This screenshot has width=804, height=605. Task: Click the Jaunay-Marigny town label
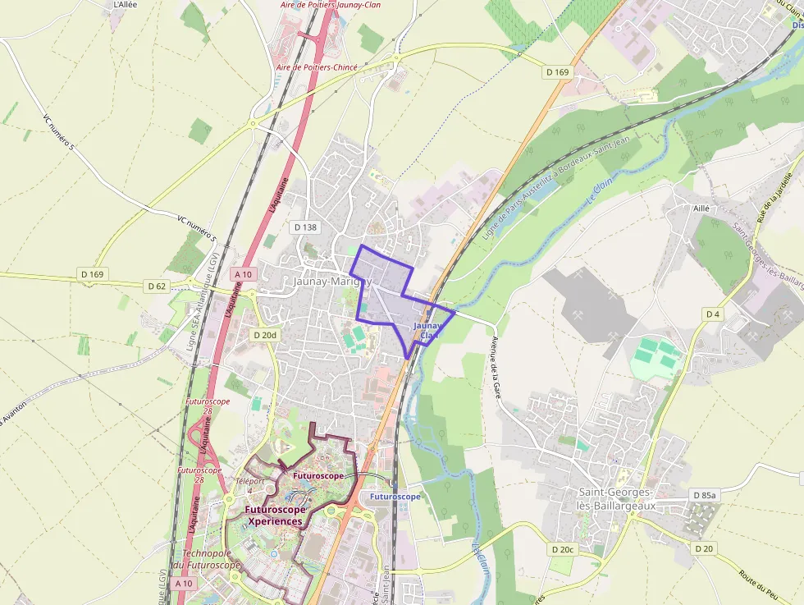[x=332, y=281]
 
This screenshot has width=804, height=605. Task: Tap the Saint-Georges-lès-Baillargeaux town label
[x=615, y=499]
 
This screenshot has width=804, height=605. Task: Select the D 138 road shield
[x=305, y=227]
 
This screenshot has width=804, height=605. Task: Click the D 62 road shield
[x=157, y=286]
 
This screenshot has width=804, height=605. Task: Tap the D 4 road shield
[x=712, y=314]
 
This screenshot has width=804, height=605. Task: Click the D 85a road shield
[x=704, y=495]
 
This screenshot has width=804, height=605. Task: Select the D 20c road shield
[x=563, y=548]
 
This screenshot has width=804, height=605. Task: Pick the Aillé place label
[x=701, y=209]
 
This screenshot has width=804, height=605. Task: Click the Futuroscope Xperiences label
[x=275, y=515]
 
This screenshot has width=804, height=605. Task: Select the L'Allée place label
[x=126, y=5]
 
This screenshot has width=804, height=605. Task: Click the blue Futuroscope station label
[x=395, y=497]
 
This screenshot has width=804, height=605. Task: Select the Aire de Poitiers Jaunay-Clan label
[x=330, y=5]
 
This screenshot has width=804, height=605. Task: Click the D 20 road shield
[x=704, y=548]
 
